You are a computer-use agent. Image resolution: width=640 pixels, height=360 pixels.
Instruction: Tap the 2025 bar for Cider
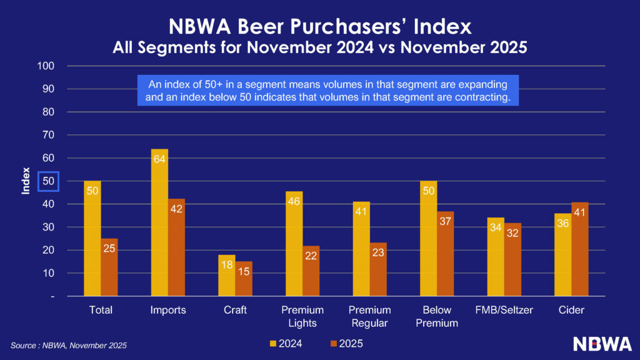click(579, 249)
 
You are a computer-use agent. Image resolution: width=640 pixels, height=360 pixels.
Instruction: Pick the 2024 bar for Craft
click(227, 276)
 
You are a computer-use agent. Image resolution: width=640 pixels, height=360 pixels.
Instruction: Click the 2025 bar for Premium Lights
click(311, 271)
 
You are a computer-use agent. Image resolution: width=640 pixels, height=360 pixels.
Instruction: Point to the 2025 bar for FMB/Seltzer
click(512, 259)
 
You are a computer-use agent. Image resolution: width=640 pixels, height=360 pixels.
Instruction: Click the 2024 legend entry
click(285, 343)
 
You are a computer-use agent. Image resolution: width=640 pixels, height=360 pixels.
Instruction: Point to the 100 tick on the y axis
click(47, 66)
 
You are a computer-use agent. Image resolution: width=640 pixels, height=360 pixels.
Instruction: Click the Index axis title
click(26, 181)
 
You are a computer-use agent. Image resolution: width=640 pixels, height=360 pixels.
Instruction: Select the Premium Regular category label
click(369, 316)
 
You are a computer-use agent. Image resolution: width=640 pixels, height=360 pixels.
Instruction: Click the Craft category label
click(235, 310)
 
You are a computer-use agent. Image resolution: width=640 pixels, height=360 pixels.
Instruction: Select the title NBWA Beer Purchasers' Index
click(320, 26)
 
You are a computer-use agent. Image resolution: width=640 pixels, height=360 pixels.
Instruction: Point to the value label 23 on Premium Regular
click(378, 253)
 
